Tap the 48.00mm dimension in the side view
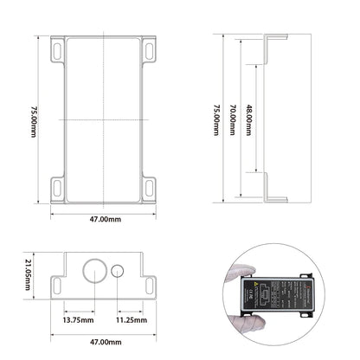click(249, 119)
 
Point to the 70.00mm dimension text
click(232, 119)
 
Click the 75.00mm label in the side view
click(215, 119)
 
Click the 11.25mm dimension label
click(132, 319)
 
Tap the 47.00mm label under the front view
click(104, 342)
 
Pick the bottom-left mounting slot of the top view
click(57, 185)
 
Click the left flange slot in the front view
click(59, 282)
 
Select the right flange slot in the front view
click(149, 282)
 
